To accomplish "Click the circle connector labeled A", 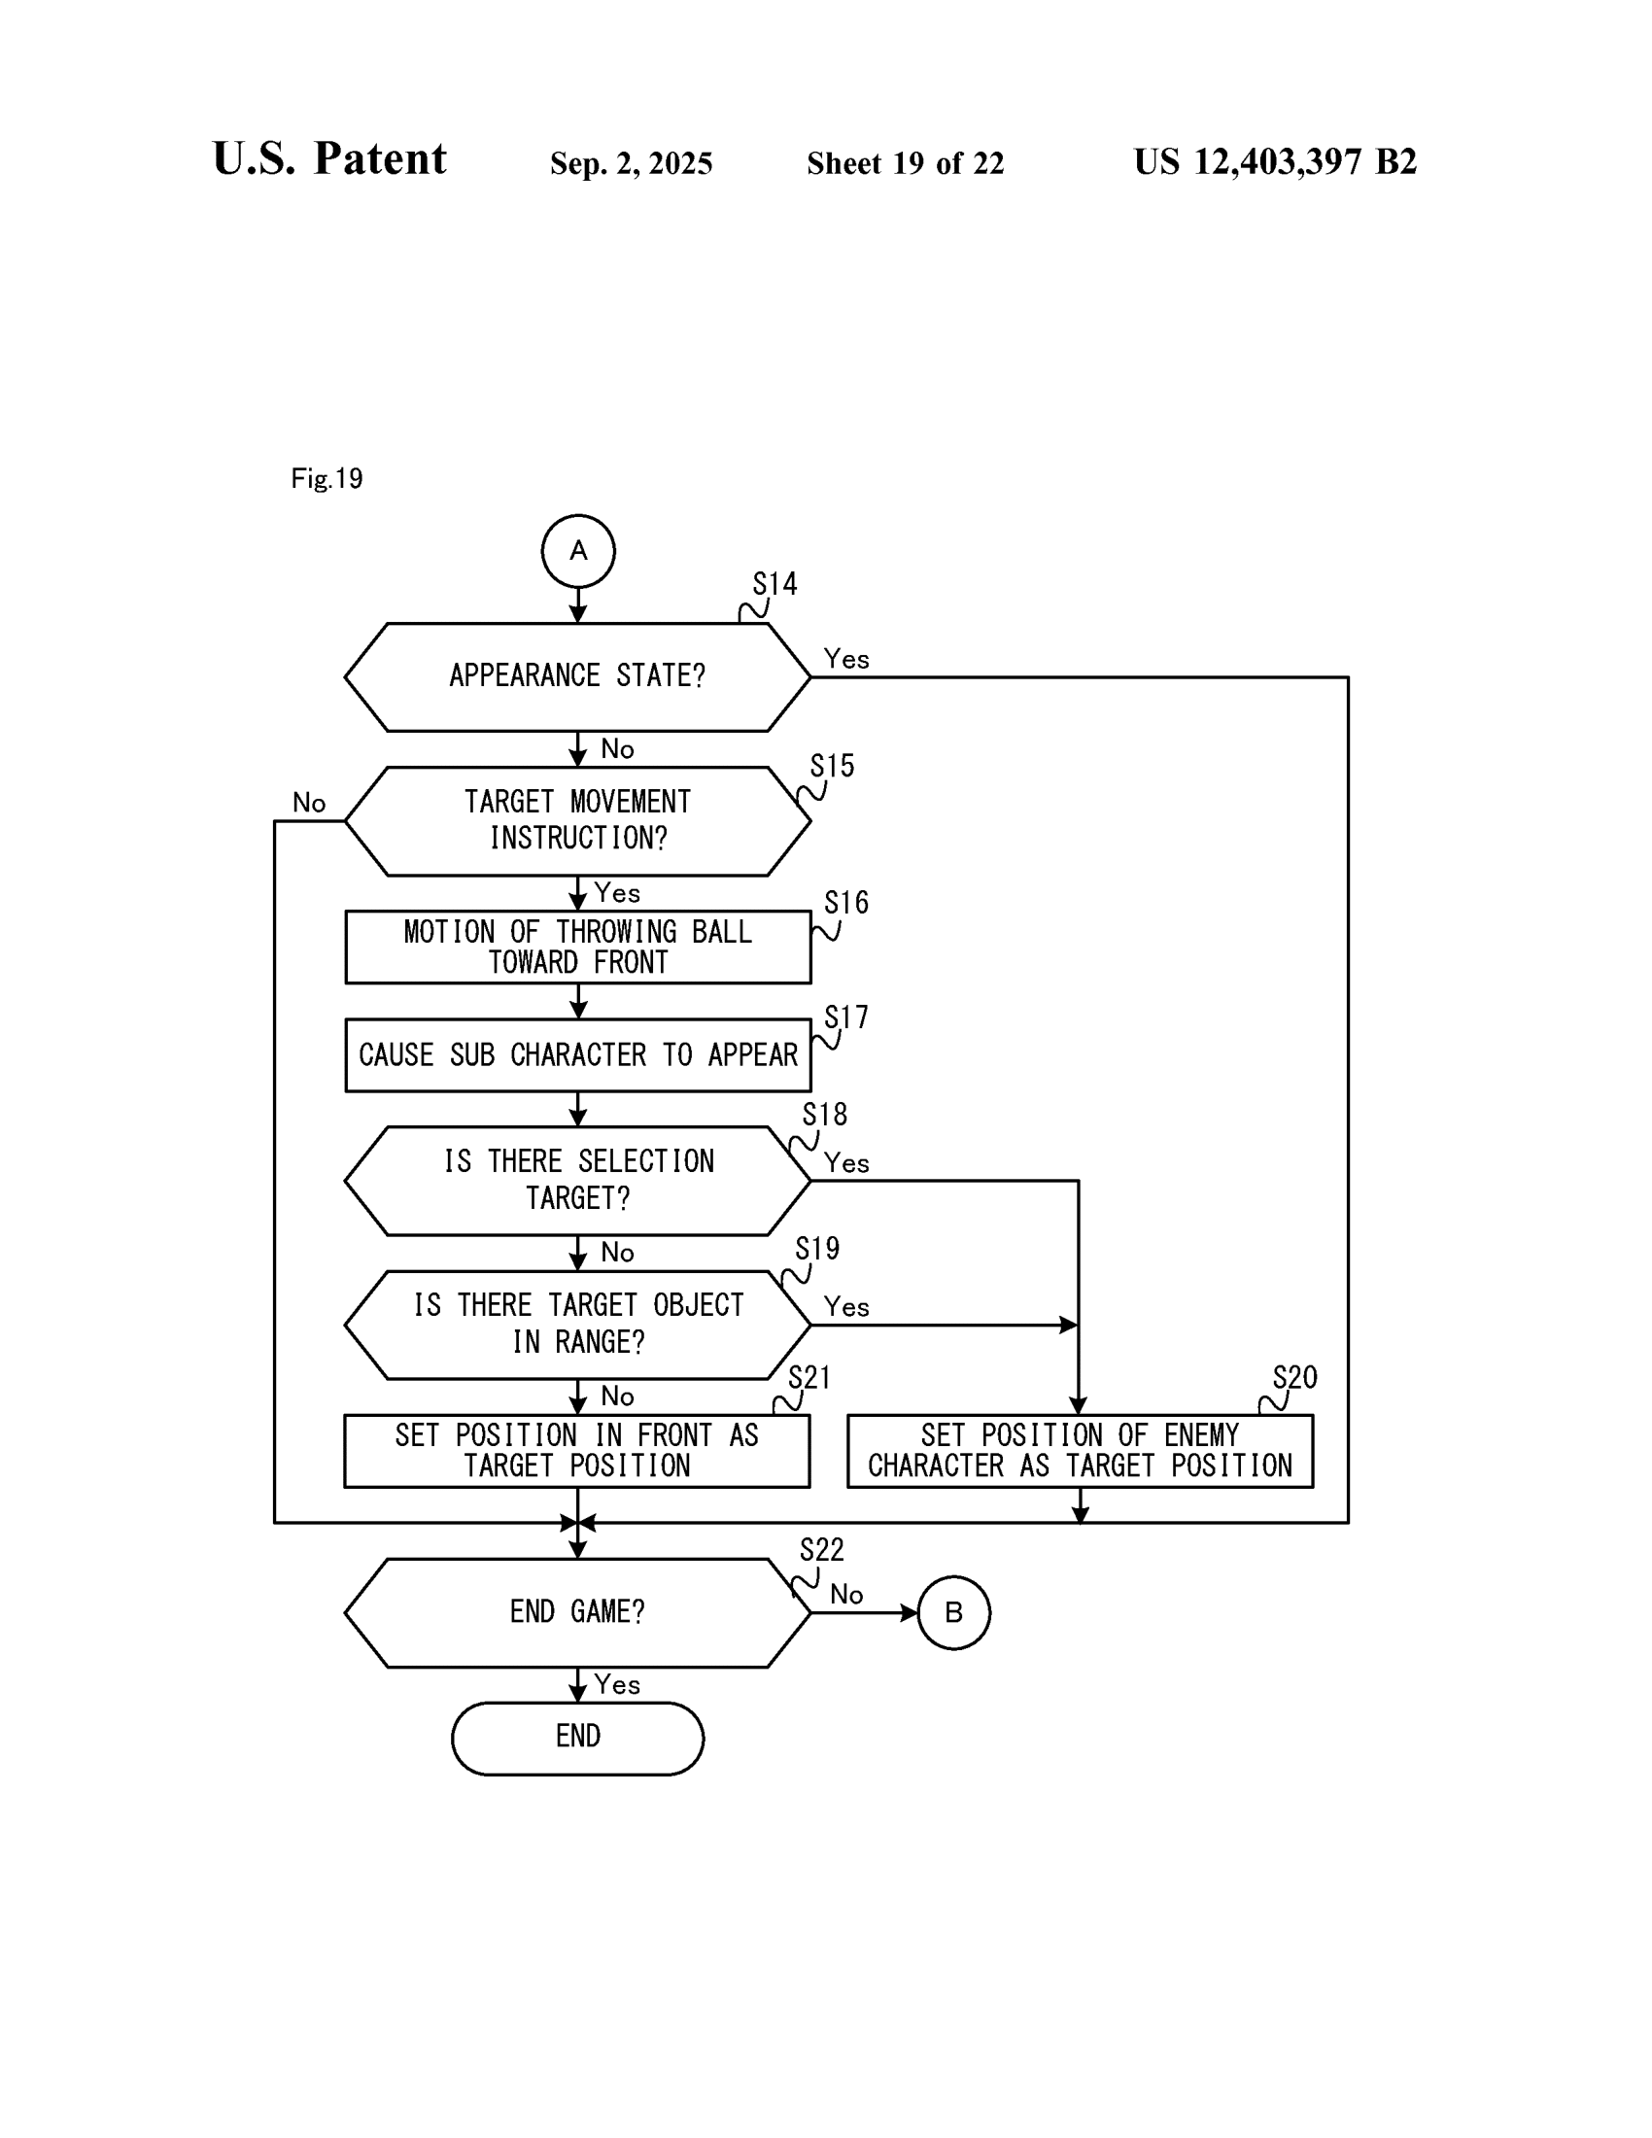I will (x=577, y=551).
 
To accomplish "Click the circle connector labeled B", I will (x=953, y=1612).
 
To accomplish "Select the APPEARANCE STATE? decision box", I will (x=577, y=676).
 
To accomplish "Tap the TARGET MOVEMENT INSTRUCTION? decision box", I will (x=577, y=820).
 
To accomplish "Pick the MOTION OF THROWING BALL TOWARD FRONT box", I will (x=577, y=947).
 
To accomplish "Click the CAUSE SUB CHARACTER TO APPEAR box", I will (x=577, y=1055).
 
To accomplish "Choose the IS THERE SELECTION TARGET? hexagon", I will (x=577, y=1181).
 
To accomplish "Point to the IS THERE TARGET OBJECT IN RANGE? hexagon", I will (x=577, y=1325).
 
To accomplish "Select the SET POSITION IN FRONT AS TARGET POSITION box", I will (x=577, y=1451).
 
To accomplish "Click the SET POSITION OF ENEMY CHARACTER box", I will (x=1080, y=1451).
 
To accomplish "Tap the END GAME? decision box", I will (x=577, y=1612).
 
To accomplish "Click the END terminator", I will (x=577, y=1739).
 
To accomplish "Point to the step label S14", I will (x=775, y=584).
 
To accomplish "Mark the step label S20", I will (x=1294, y=1377).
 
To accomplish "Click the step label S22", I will (x=821, y=1550).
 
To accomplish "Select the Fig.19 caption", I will (x=327, y=479).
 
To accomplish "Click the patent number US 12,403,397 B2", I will (x=1274, y=162).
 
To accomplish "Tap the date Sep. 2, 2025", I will (x=632, y=163).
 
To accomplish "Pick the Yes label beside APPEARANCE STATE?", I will (x=846, y=660).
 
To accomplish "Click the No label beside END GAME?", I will (x=846, y=1595).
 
